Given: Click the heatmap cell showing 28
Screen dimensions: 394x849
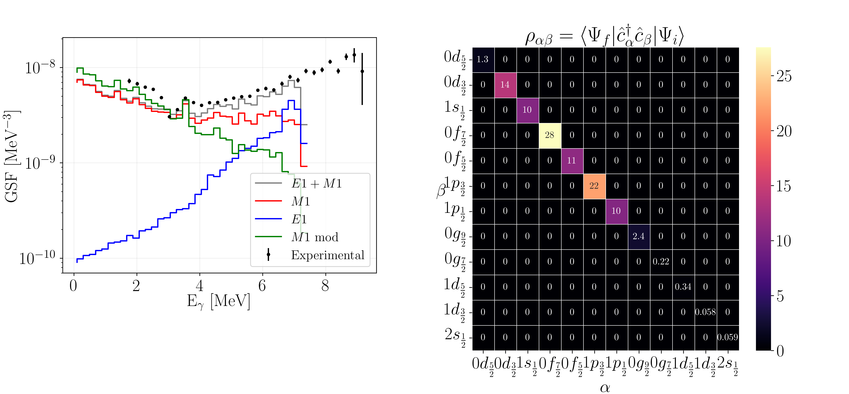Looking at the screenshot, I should (549, 135).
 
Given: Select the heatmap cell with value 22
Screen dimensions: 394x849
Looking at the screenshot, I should (594, 186).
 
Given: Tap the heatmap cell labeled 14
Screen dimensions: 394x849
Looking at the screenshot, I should (505, 85).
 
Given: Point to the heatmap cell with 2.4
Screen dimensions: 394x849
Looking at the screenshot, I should (638, 236).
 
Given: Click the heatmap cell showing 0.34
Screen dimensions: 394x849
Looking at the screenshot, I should (683, 287).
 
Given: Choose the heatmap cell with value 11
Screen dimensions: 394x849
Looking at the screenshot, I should (572, 161).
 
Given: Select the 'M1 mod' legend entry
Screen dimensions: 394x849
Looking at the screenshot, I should (315, 237).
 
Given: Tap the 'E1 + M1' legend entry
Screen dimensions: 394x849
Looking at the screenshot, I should (316, 183).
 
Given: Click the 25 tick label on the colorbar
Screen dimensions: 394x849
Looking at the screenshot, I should (784, 76).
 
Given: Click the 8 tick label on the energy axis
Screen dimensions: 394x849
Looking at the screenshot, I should (325, 285).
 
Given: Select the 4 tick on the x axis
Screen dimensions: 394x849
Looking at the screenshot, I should (199, 285).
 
